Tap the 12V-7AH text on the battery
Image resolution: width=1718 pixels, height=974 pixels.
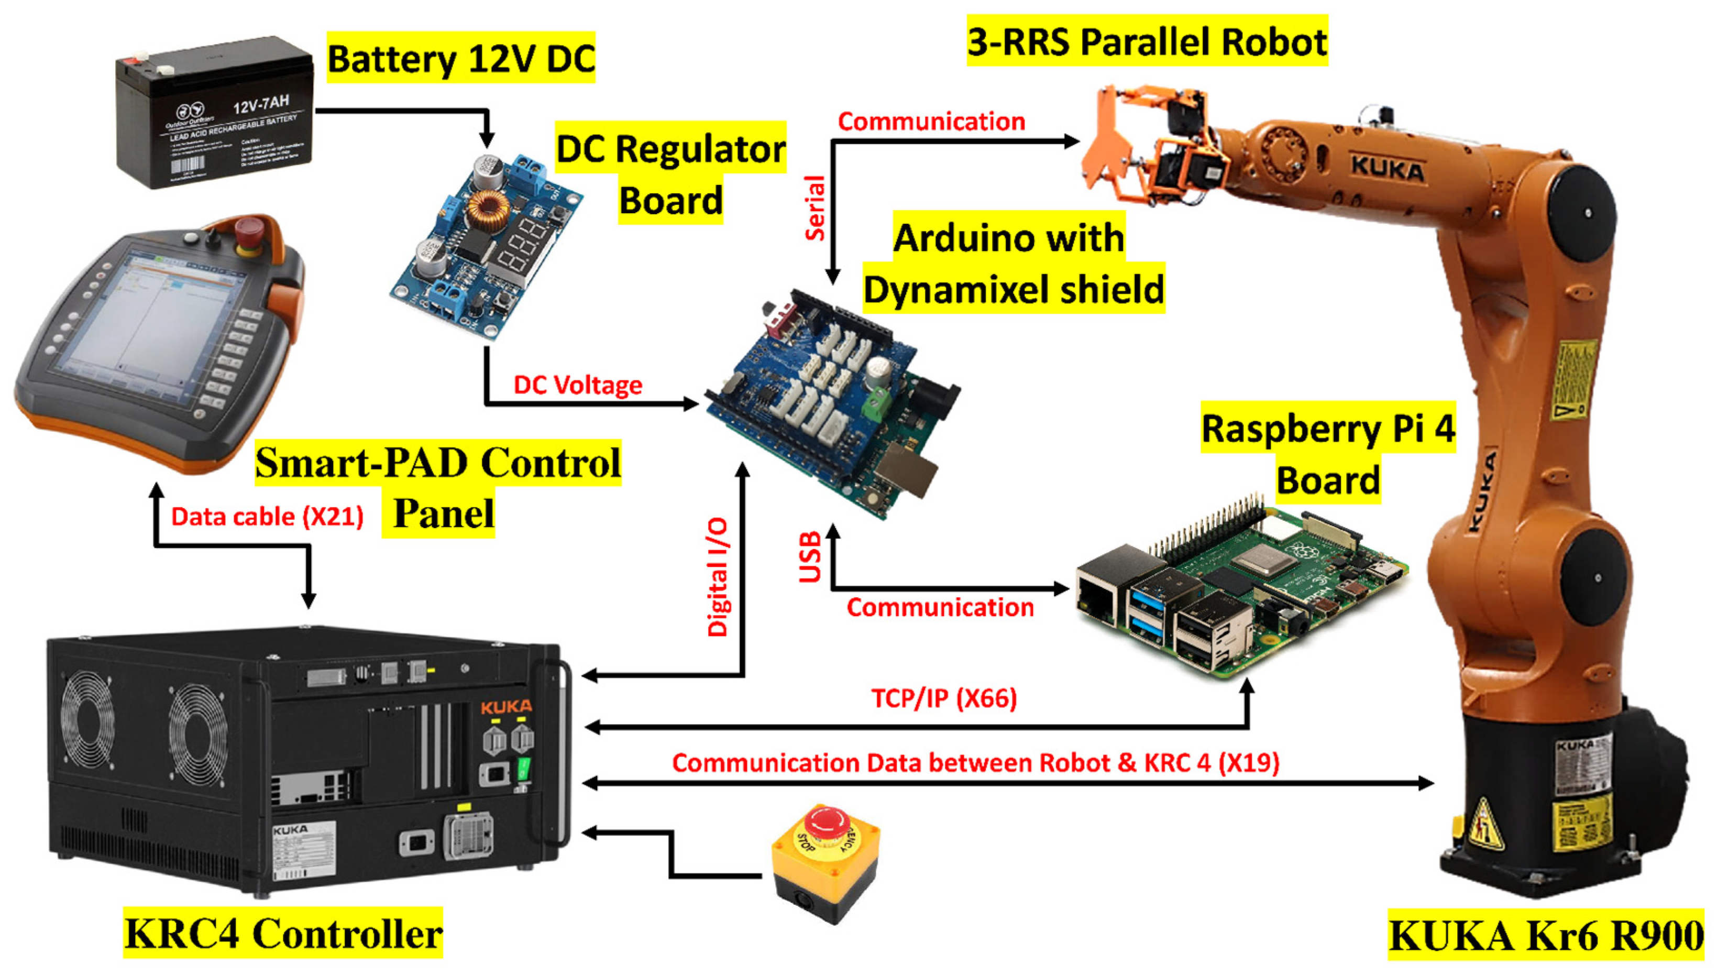coord(261,104)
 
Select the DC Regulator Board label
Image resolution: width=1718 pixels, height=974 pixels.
coord(671,174)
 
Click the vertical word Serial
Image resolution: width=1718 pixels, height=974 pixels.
coord(814,208)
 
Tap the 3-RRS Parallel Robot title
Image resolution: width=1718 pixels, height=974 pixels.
coord(1147,41)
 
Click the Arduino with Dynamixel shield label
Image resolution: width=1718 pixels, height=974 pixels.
coord(1013,264)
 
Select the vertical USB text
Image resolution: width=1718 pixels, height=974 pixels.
coord(810,556)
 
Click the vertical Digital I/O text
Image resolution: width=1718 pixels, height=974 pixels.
coord(718,577)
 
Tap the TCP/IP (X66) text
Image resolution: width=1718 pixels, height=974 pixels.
coord(944,698)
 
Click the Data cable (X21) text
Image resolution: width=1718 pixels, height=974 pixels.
coord(267,517)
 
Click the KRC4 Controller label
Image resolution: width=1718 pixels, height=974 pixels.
coord(283,933)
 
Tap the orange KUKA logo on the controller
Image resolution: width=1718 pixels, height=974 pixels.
coord(506,707)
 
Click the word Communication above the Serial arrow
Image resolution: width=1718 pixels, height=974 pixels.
coord(931,122)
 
